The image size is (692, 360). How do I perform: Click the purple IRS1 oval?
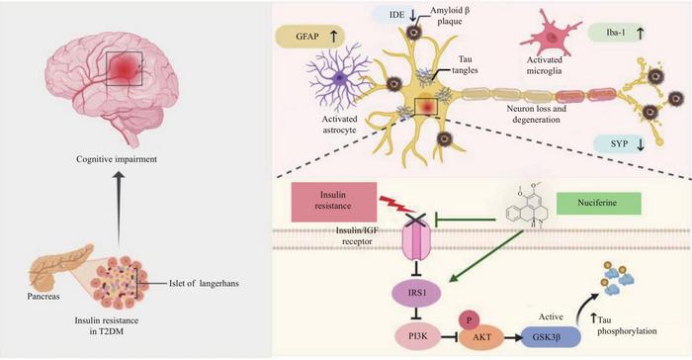coord(416,293)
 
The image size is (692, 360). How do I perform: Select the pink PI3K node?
coord(417,336)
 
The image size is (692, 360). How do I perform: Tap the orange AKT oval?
coord(481,338)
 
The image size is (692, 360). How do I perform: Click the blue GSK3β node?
coord(551,337)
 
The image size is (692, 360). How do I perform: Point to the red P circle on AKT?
coord(470,320)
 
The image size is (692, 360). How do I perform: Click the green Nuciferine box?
coord(598,203)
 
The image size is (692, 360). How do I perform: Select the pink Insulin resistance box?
coord(334,202)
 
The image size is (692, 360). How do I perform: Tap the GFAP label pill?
coord(309,37)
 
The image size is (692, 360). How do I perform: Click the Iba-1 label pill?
coord(617,33)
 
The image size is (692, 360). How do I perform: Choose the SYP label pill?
coord(621,144)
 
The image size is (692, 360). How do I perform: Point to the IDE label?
coord(396,15)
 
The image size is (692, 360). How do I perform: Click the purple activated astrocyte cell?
coord(338,78)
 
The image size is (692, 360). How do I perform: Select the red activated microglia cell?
coord(551,37)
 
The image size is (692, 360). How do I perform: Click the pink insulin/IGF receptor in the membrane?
coord(416,241)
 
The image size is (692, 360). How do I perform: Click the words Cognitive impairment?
coord(117,159)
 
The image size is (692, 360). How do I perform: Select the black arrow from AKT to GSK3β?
coord(512,338)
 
